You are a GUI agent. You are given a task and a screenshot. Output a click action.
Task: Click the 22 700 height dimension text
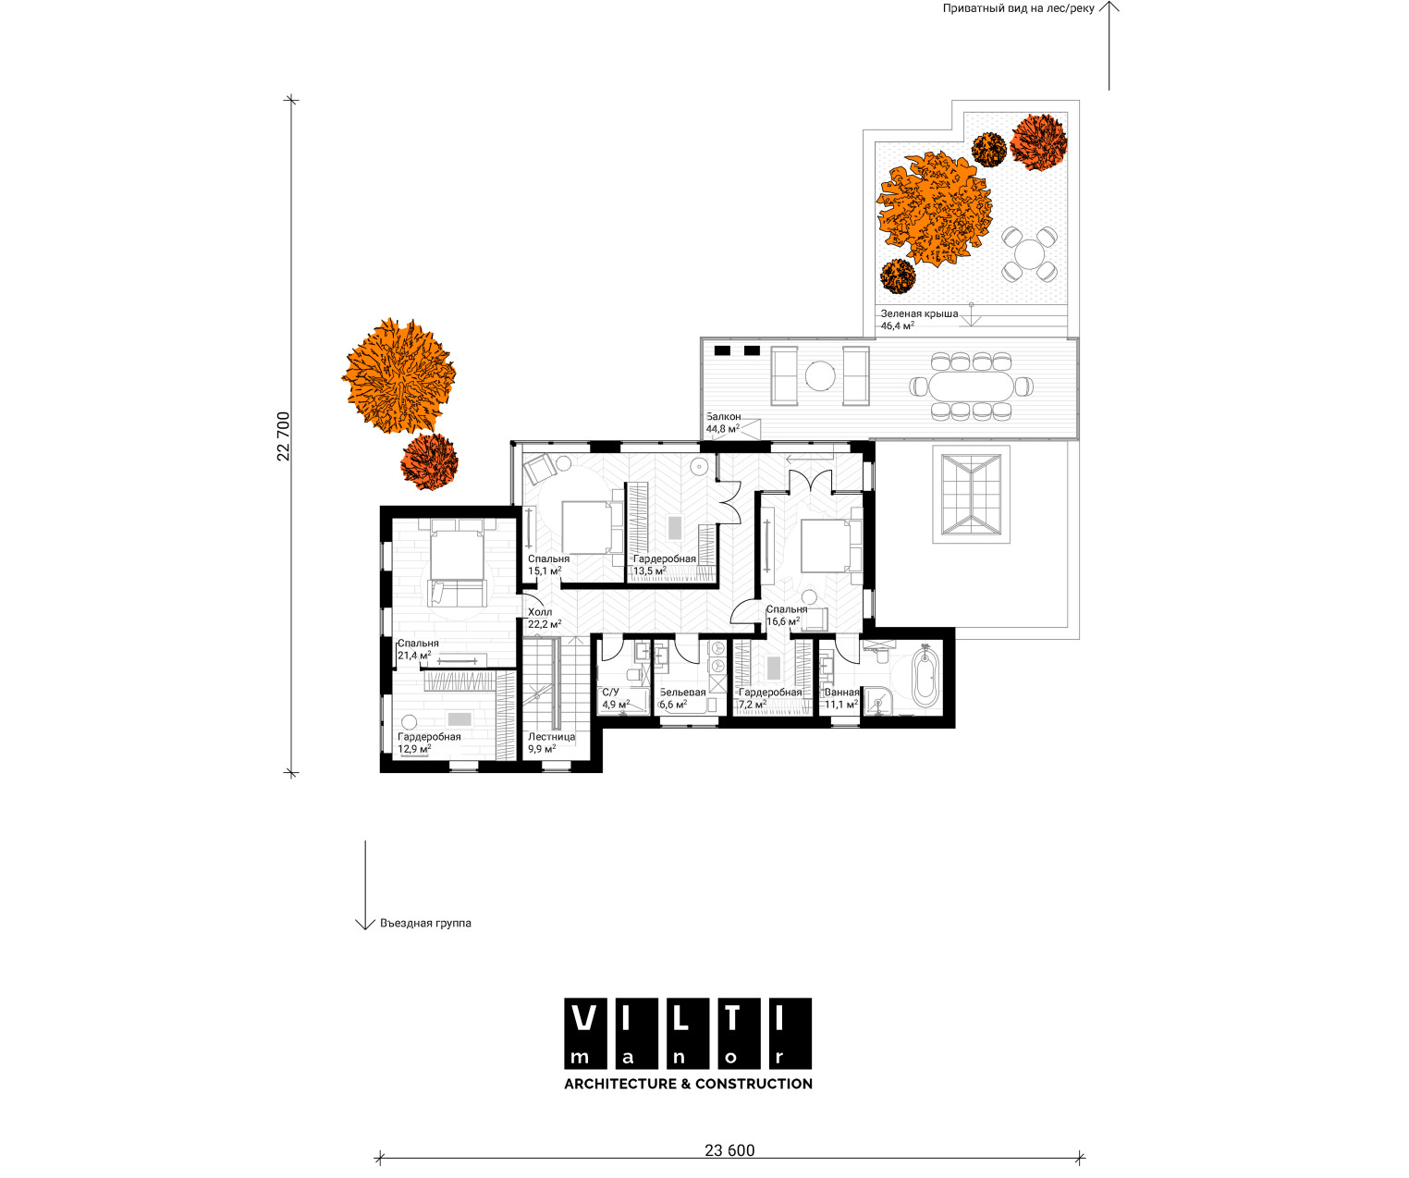point(284,436)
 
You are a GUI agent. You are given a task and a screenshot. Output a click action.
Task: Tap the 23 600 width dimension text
point(729,1150)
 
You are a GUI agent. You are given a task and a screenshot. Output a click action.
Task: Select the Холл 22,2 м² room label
point(544,619)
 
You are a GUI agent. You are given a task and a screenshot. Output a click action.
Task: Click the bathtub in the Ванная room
point(925,676)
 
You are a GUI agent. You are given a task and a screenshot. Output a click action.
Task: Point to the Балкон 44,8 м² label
point(723,423)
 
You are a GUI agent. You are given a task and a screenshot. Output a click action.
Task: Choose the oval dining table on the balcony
point(971,387)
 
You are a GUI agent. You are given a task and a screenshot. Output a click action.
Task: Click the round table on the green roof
point(1029,254)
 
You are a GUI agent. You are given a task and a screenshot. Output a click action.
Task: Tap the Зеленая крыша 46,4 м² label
point(918,319)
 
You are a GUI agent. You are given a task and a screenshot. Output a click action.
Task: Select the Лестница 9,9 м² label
point(551,742)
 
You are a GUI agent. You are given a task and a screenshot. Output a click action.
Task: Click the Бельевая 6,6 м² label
point(682,698)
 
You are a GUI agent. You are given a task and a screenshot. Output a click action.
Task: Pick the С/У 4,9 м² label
point(616,698)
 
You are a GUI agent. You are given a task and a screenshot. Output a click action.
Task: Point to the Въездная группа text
point(425,923)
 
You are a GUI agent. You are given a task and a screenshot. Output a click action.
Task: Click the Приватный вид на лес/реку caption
point(1018,8)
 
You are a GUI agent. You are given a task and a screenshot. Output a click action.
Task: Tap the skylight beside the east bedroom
point(971,494)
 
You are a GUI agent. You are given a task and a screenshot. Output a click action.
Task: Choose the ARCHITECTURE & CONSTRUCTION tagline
point(688,1084)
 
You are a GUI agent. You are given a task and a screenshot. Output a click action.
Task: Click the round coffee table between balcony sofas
point(820,376)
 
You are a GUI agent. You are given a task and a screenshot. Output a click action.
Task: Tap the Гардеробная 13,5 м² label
point(664,564)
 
